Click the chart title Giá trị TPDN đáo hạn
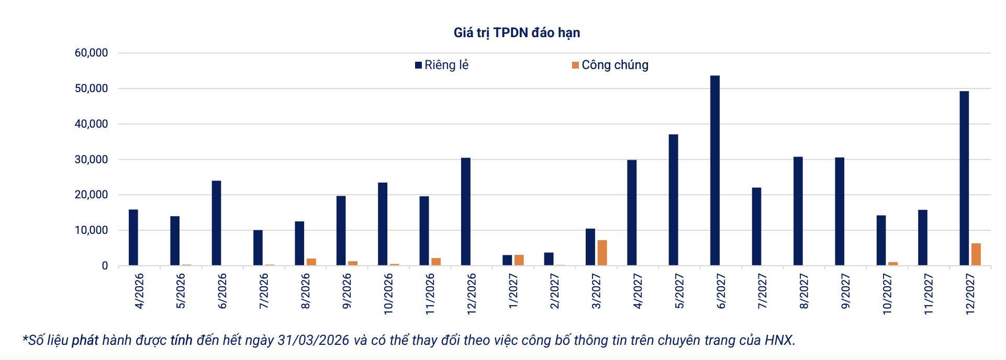click(x=517, y=33)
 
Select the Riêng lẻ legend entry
click(x=442, y=65)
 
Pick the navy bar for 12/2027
click(x=964, y=178)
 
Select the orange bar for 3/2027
click(x=602, y=253)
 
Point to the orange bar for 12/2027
click(x=976, y=254)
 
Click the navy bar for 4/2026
click(x=133, y=238)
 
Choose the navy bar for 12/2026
click(x=466, y=211)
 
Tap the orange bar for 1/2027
click(x=519, y=260)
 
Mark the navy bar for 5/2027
click(x=674, y=200)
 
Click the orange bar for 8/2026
click(x=311, y=262)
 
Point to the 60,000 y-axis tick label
click(x=92, y=53)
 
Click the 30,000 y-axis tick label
click(x=92, y=160)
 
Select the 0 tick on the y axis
click(x=105, y=266)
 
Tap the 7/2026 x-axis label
click(x=264, y=291)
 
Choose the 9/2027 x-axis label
click(x=845, y=291)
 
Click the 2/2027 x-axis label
click(x=555, y=291)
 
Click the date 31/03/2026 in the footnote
click(x=313, y=340)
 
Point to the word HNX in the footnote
click(x=778, y=340)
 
